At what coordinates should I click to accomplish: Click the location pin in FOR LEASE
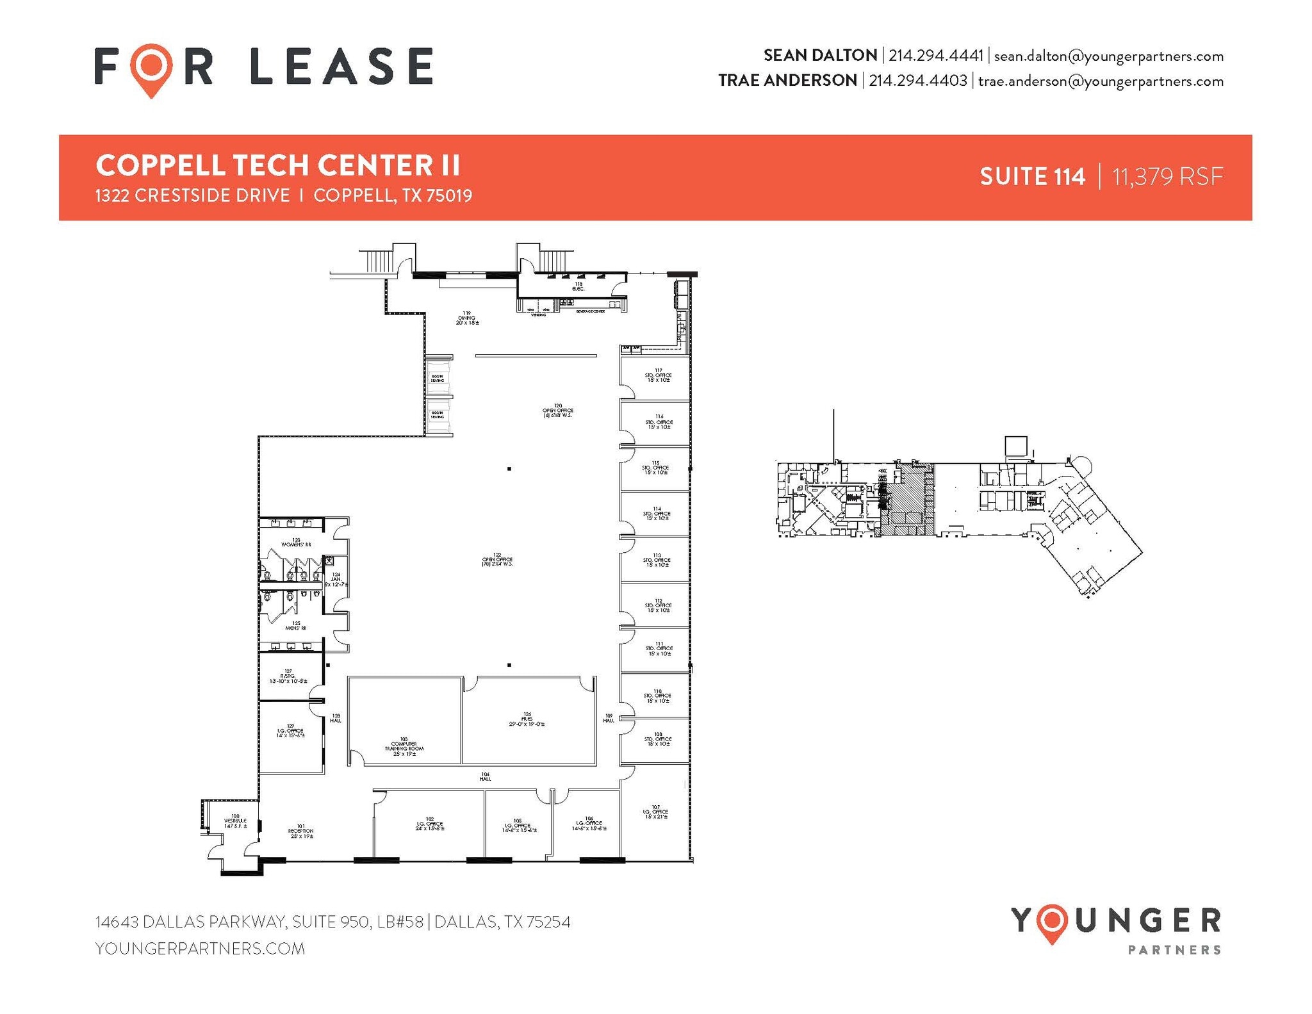[x=151, y=67]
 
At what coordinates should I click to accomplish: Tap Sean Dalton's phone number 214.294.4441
[x=935, y=56]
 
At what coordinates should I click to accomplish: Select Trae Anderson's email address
[x=1100, y=81]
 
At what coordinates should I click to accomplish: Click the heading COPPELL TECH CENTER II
[x=277, y=165]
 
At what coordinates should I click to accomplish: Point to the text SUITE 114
[x=1032, y=177]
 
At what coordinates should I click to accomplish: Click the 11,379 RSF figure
[x=1167, y=177]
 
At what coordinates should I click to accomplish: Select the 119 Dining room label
[x=467, y=318]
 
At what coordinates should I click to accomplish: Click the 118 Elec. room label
[x=578, y=286]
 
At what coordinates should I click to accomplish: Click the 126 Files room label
[x=527, y=719]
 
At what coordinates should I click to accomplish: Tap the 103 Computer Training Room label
[x=404, y=747]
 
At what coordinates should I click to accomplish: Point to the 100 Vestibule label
[x=235, y=821]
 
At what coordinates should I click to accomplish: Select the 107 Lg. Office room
[x=655, y=812]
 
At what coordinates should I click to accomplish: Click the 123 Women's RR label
[x=296, y=543]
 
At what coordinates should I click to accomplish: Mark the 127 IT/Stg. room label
[x=288, y=676]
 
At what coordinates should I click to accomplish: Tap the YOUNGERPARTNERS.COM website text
[x=200, y=949]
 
